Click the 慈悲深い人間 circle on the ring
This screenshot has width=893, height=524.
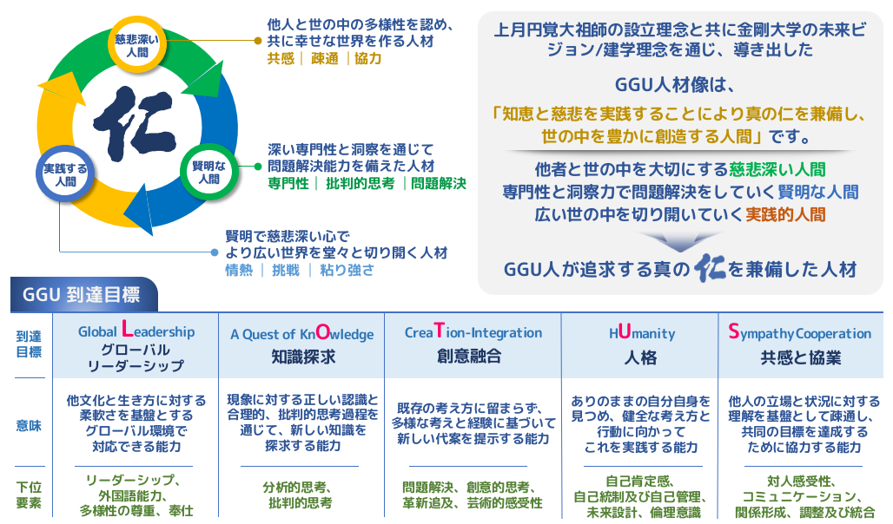pos(136,45)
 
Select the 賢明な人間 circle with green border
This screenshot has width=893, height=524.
pos(209,172)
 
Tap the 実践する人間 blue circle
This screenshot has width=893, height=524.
pos(65,174)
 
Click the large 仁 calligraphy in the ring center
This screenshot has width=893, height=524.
pos(135,123)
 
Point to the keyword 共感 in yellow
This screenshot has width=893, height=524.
pos(281,59)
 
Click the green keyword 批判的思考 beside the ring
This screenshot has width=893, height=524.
pos(360,183)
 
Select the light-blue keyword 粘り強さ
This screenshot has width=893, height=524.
pos(347,270)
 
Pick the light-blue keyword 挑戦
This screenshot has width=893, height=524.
pos(285,270)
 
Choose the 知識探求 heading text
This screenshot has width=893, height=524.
pos(303,357)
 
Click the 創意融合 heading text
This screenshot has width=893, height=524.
pos(469,357)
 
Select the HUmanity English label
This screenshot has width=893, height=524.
pos(642,332)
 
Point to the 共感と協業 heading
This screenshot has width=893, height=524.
pos(801,357)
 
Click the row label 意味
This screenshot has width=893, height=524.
pos(29,426)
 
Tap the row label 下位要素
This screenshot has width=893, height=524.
pos(29,495)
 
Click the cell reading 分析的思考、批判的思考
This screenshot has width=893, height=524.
pos(301,495)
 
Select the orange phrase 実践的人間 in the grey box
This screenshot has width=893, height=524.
pos(785,214)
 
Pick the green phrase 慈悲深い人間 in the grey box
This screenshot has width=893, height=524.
pos(777,169)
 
